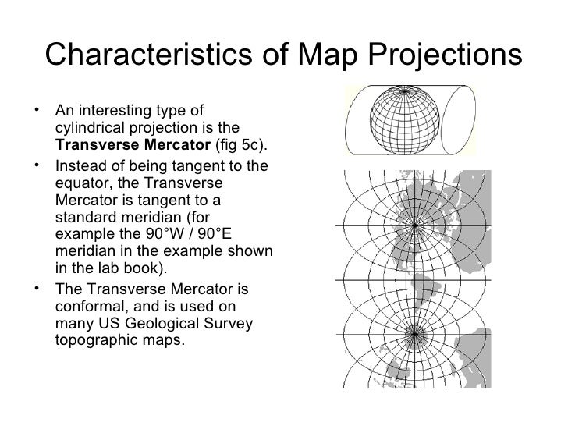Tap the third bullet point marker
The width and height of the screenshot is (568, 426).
pyautogui.click(x=37, y=288)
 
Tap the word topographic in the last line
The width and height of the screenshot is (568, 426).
pyautogui.click(x=96, y=340)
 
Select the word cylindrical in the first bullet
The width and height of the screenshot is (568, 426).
pyautogui.click(x=87, y=128)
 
